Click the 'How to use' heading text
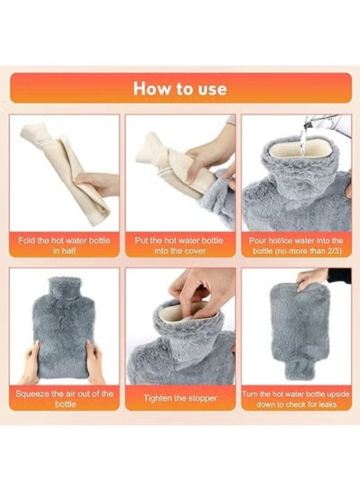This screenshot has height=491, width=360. coord(180,88)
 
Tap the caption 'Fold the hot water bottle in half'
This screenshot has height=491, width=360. coord(64,245)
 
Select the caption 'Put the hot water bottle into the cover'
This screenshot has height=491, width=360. coord(181,245)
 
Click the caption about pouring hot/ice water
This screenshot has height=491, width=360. coord(296,245)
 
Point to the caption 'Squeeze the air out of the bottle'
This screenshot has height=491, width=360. coord(64,398)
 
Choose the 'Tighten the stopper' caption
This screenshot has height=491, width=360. coord(181,398)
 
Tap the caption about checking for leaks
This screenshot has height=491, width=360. coord(296,398)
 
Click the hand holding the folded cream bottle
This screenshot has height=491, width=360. coord(98,183)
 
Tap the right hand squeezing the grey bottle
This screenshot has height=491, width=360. coord(95,361)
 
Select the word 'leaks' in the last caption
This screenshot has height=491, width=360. coord(326,404)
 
